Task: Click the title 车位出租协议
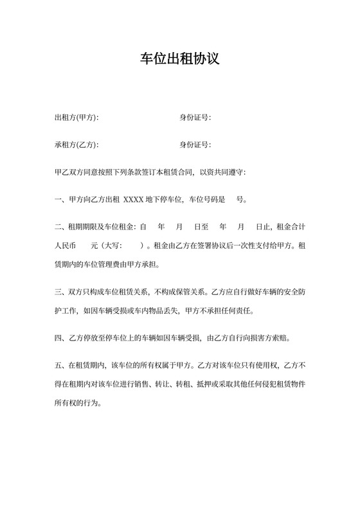(180, 59)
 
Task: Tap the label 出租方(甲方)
(76, 118)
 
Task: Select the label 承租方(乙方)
(76, 144)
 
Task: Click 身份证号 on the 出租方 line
(194, 118)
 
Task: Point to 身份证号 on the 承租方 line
(194, 144)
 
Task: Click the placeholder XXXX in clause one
(133, 200)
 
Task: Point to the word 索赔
(282, 337)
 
